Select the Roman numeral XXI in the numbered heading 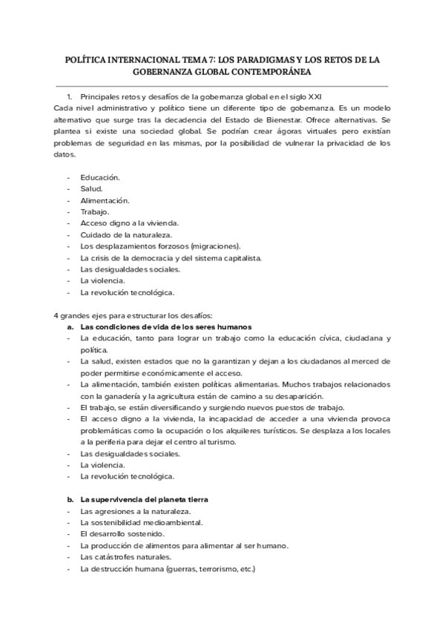314,96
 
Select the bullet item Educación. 100,177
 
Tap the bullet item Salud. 91,189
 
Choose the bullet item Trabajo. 94,212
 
